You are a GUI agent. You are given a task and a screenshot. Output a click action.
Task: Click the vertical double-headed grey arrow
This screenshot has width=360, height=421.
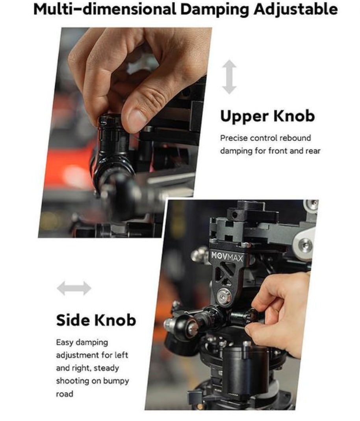229,77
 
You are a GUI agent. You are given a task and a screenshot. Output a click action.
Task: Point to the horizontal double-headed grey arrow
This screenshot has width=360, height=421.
74,288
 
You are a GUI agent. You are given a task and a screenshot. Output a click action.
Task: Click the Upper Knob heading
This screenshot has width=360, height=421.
267,116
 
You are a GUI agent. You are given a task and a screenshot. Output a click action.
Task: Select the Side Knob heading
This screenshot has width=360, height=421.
96,320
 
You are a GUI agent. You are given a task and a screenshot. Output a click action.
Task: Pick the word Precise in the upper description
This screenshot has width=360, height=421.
234,138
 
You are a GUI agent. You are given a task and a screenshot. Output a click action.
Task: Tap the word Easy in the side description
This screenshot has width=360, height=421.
65,342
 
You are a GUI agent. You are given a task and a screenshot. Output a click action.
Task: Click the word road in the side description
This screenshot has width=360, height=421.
65,394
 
